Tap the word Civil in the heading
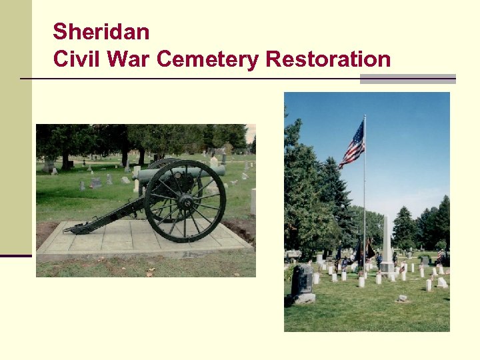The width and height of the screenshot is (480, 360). click(x=75, y=59)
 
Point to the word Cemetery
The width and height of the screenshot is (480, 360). click(x=208, y=59)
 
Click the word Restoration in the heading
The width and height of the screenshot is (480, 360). click(x=328, y=59)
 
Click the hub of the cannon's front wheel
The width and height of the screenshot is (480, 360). click(x=185, y=200)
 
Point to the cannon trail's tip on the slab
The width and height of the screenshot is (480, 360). click(x=69, y=229)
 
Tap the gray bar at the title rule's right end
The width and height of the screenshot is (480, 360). click(x=407, y=79)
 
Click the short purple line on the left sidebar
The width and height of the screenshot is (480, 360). click(x=15, y=255)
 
